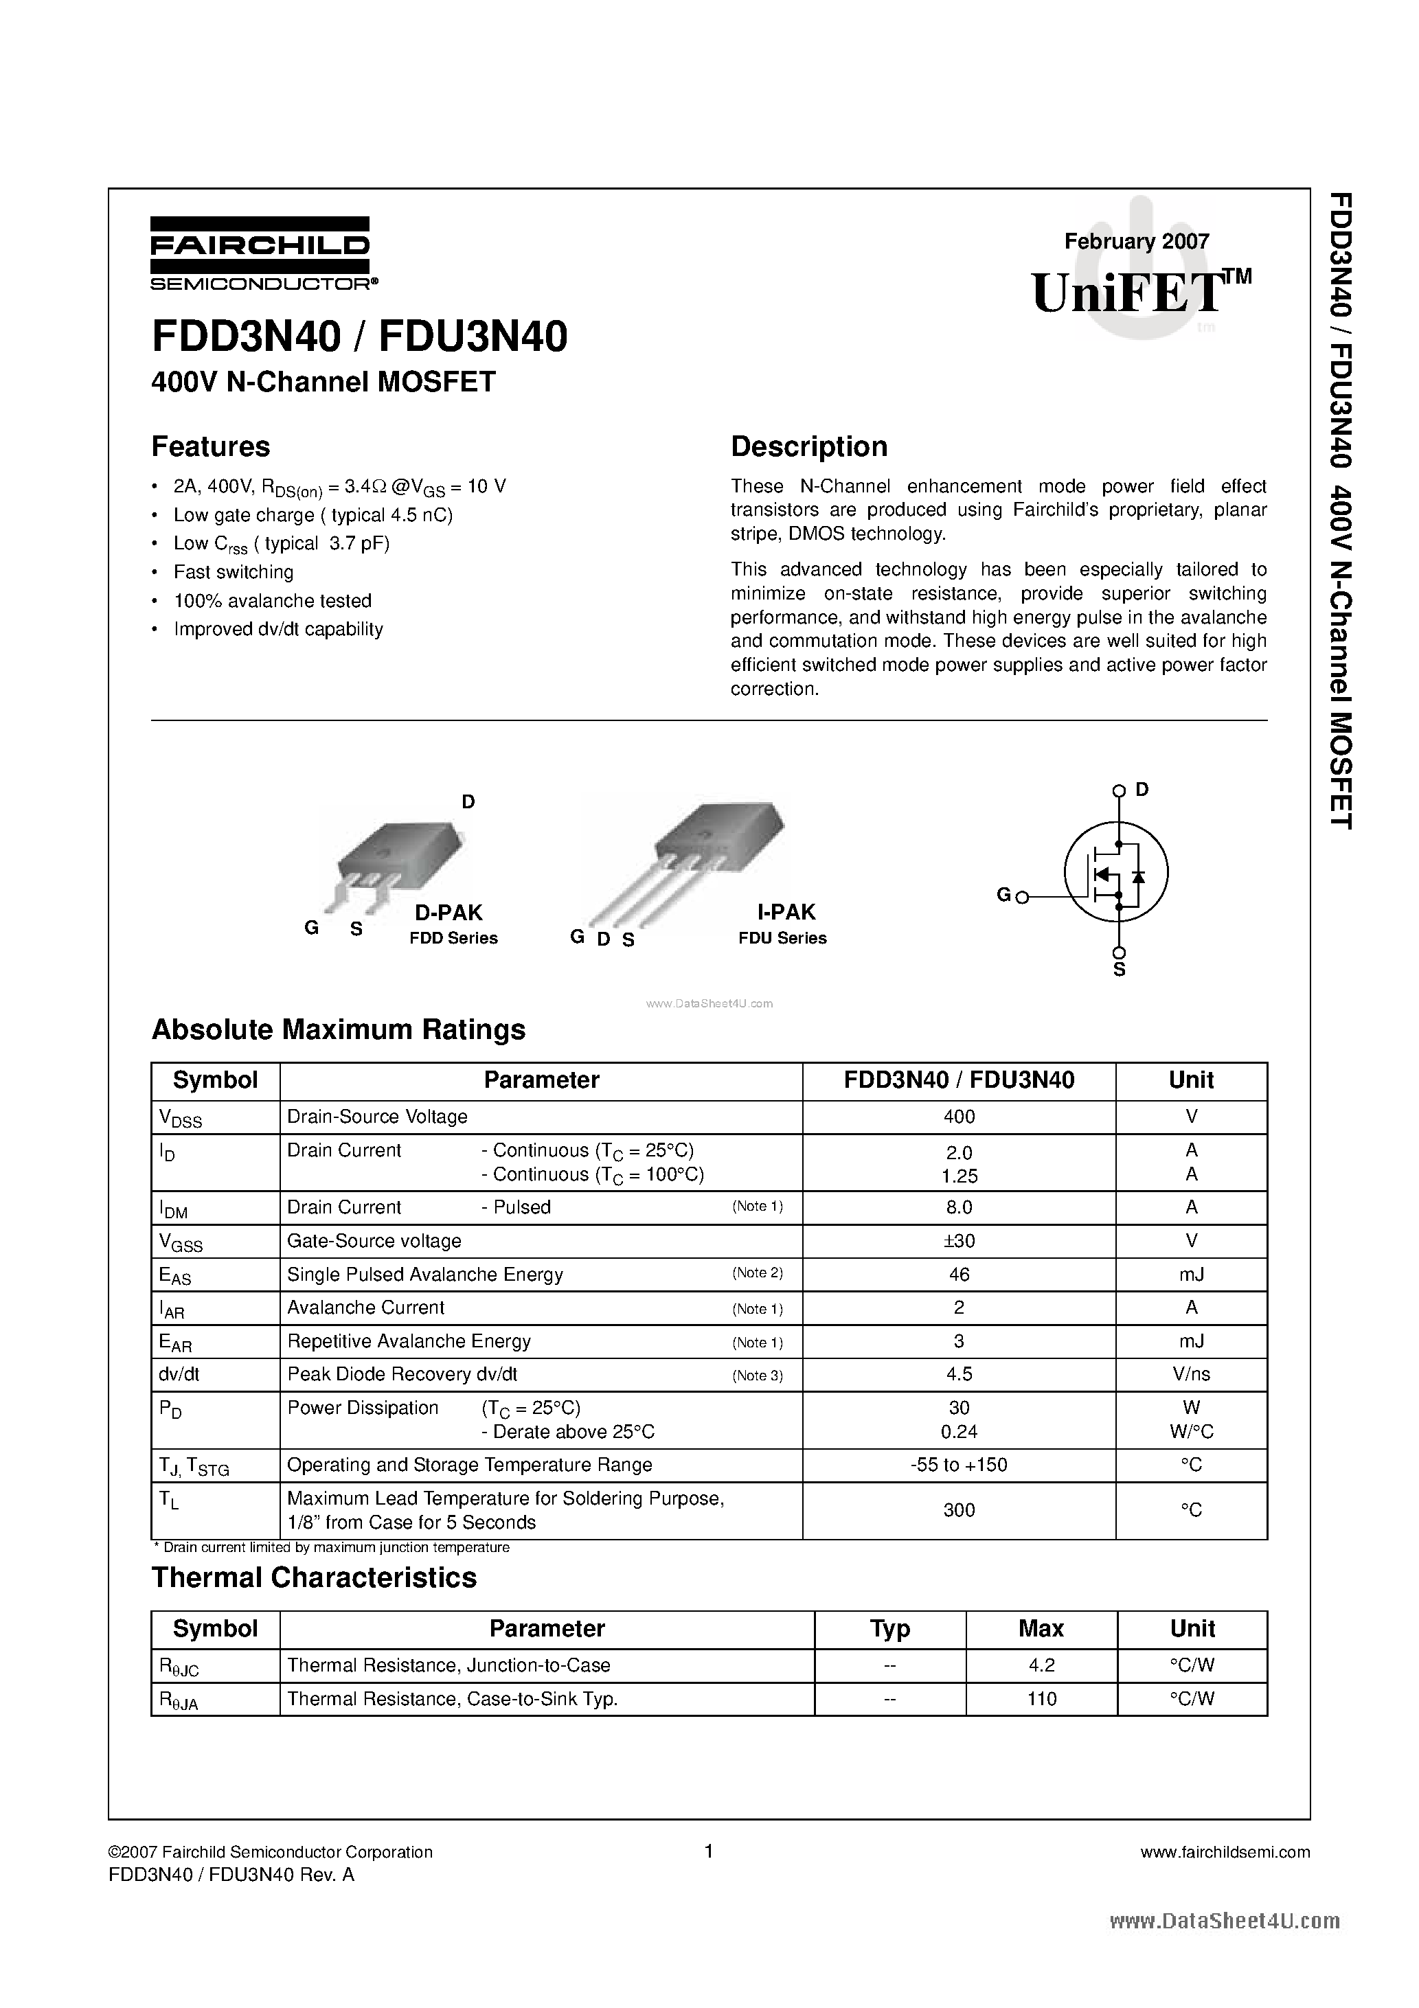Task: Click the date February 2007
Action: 1137,241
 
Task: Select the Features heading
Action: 211,447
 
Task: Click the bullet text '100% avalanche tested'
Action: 272,601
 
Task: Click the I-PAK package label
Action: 786,912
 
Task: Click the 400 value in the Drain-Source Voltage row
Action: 959,1117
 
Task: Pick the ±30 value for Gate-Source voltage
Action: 959,1240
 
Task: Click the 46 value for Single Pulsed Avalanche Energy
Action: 959,1275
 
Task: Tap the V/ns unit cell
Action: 1191,1374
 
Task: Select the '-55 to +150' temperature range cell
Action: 959,1464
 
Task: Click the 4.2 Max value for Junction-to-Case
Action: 1041,1666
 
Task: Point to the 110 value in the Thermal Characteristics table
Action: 1041,1699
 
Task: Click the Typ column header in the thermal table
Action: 889,1630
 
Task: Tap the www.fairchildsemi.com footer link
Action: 1225,1851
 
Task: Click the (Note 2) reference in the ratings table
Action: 757,1273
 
